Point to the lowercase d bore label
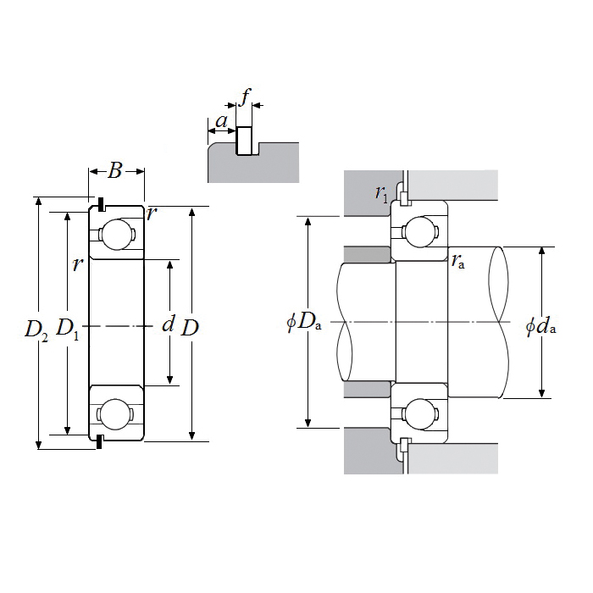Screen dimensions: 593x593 click(x=168, y=324)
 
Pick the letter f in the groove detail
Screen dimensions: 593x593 click(x=246, y=97)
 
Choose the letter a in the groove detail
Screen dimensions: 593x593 click(x=221, y=122)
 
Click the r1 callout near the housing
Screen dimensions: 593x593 click(x=382, y=194)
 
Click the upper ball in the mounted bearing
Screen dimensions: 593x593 click(x=419, y=230)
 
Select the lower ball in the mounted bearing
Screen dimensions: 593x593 click(x=419, y=414)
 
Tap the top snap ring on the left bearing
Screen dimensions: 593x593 click(x=101, y=205)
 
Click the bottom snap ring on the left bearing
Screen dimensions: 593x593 click(x=101, y=442)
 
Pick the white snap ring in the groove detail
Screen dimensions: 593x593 click(x=245, y=141)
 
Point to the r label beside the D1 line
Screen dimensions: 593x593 click(x=77, y=264)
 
